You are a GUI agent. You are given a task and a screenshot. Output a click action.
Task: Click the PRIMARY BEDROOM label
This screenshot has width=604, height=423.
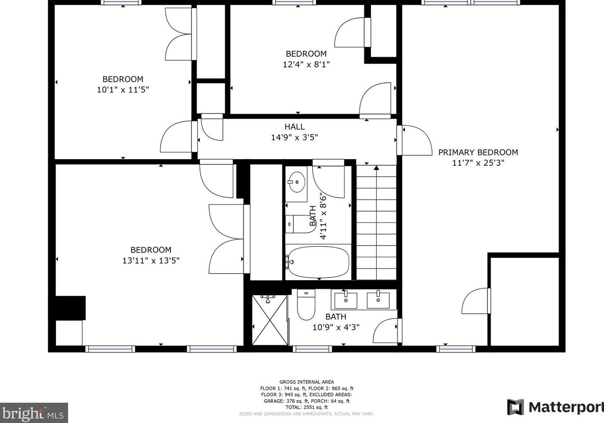point(478,152)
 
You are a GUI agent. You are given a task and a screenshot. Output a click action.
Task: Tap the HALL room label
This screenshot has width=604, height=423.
point(294,127)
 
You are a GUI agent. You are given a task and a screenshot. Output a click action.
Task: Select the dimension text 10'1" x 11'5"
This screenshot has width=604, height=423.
point(123,90)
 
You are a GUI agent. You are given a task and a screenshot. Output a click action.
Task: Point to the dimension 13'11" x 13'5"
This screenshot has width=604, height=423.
point(151,261)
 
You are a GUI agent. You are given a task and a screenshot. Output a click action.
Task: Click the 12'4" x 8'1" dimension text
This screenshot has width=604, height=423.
point(306,65)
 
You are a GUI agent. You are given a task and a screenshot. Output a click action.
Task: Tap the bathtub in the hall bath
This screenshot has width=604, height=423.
point(318,262)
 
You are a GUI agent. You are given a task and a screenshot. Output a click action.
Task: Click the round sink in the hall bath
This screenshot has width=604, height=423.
point(296,182)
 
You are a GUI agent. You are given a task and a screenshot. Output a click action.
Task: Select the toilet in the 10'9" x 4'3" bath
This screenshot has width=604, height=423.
point(306,305)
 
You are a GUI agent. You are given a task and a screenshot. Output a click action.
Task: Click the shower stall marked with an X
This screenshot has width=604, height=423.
point(270,320)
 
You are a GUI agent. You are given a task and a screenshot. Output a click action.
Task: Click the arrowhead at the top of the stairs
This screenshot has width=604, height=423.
point(376,168)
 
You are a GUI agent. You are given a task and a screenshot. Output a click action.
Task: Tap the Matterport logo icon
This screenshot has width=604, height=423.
point(515,407)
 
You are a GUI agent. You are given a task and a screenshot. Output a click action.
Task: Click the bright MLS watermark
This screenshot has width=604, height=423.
point(34,413)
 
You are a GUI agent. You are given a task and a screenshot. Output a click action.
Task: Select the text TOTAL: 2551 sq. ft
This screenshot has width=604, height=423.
point(307,408)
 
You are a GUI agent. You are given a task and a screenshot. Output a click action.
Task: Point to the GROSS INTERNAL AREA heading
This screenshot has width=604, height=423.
point(307,382)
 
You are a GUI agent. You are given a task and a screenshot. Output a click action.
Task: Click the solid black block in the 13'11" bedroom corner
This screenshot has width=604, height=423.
point(71,308)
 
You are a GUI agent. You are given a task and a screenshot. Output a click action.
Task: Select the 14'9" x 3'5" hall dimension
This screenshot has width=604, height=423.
point(294,138)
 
